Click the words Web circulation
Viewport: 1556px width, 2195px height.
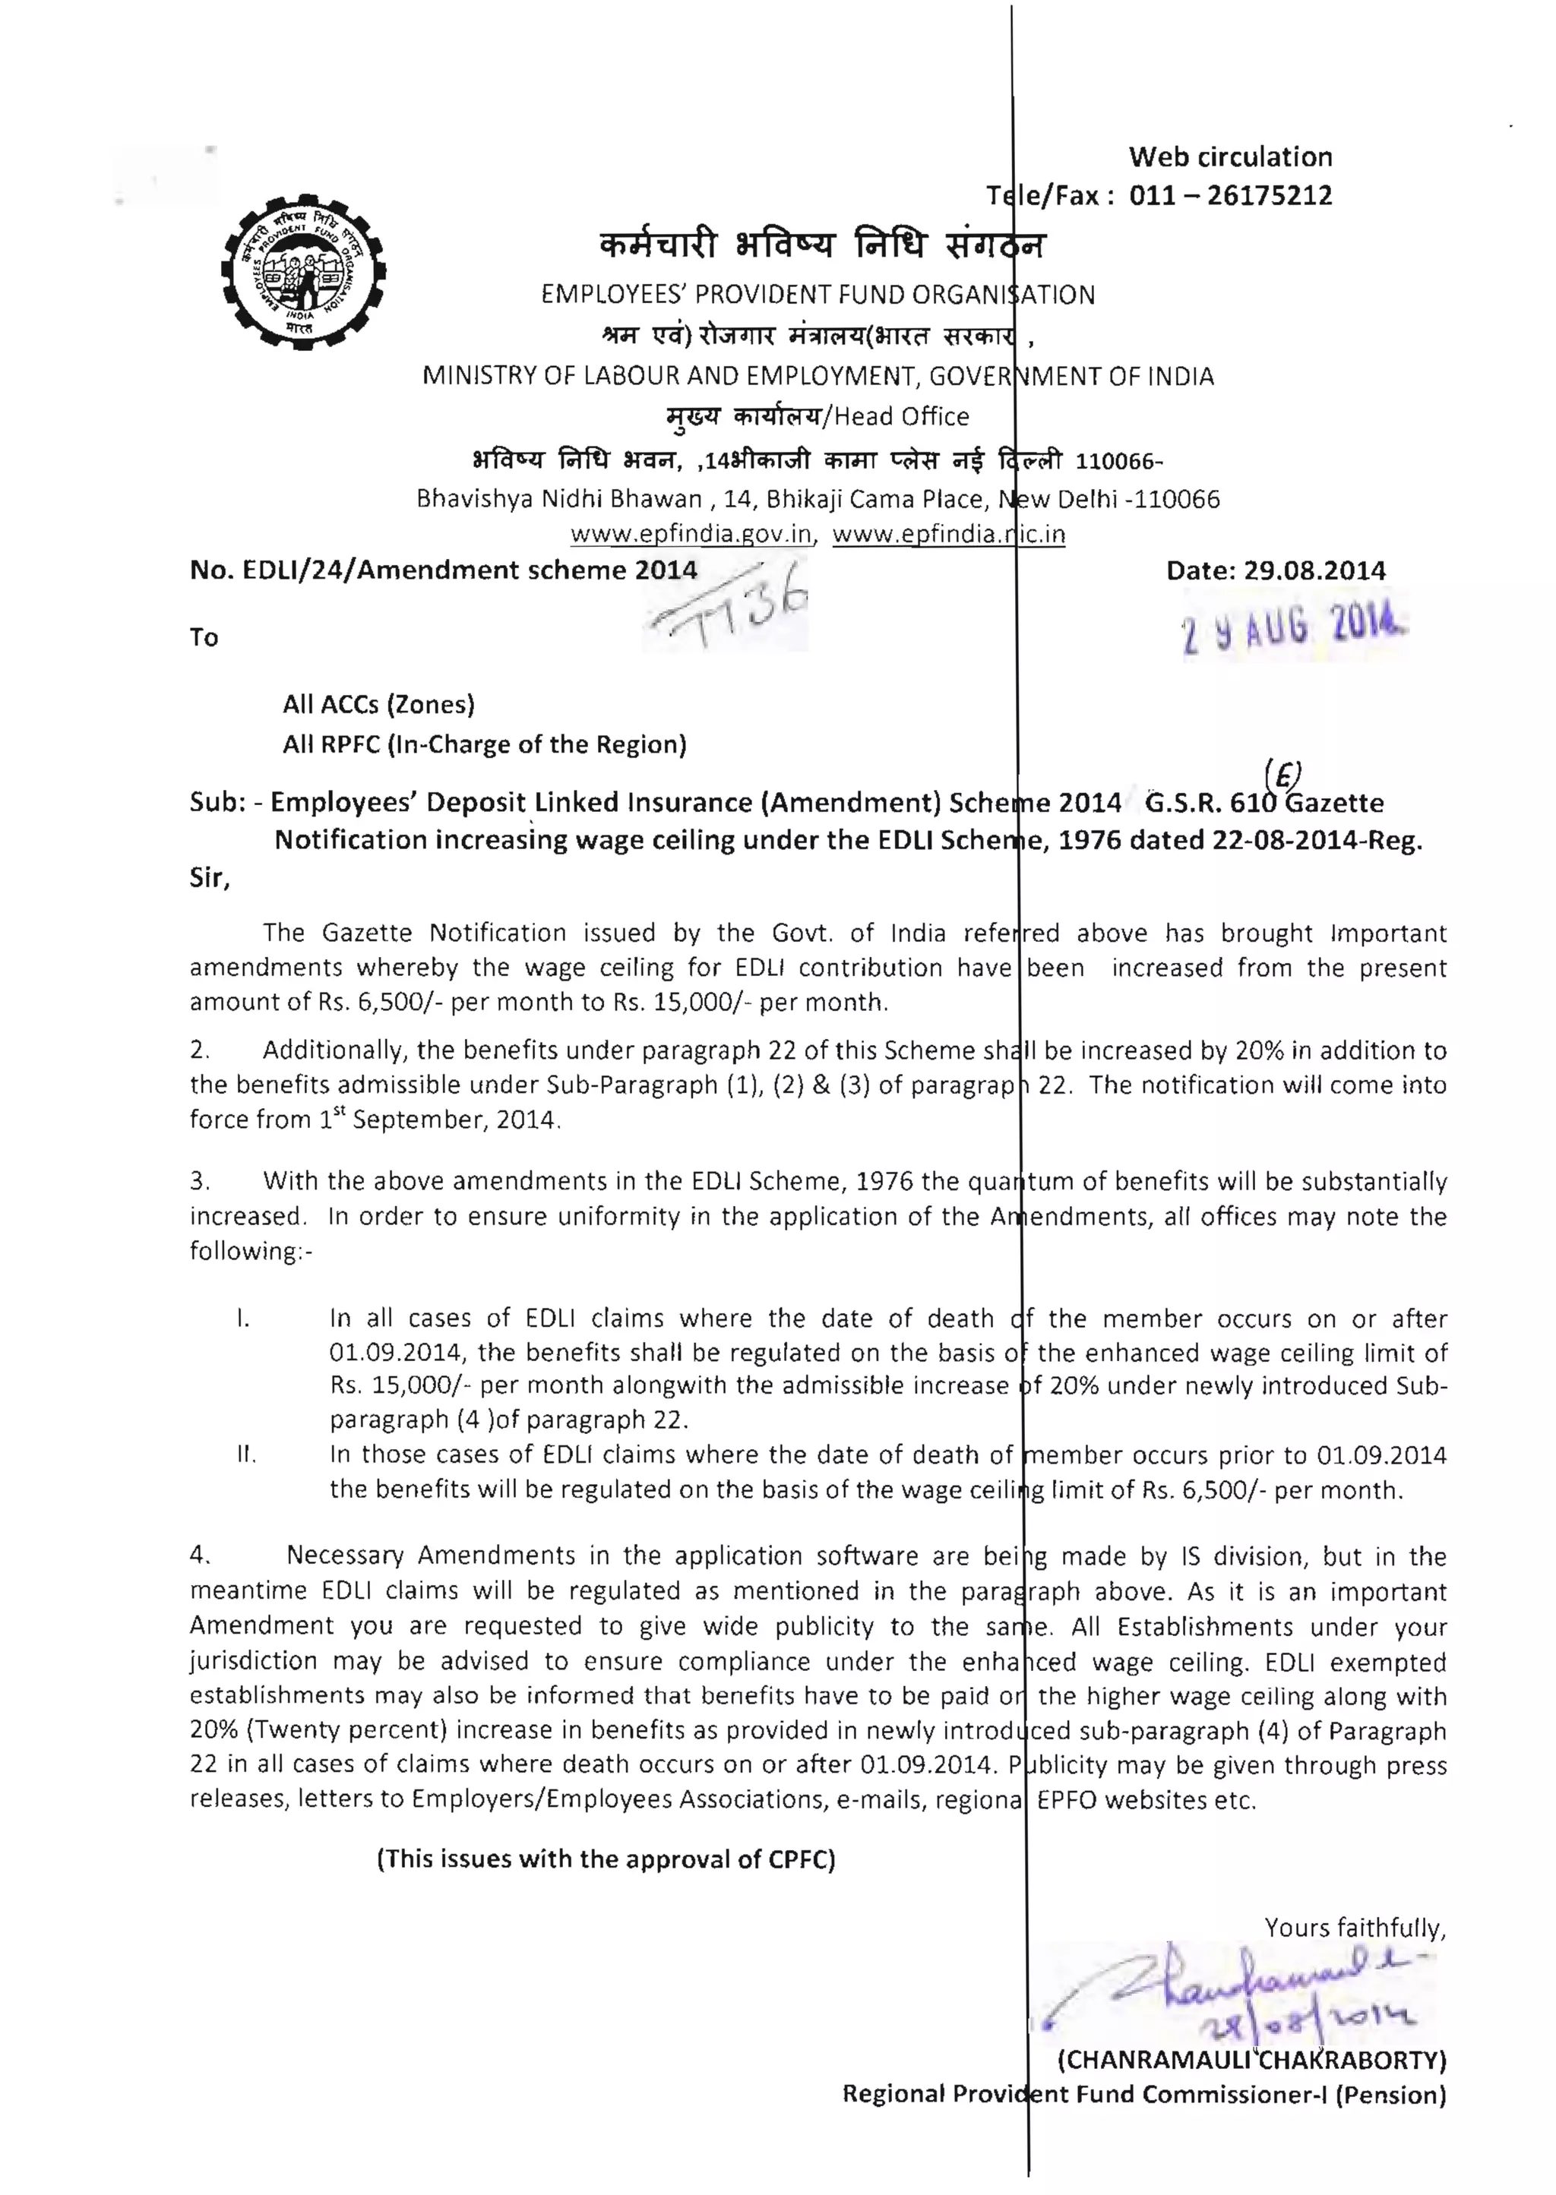click(1229, 157)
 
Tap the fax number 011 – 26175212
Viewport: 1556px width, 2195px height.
click(1230, 195)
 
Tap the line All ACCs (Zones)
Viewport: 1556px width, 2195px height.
click(378, 705)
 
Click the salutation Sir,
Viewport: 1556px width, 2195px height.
click(210, 878)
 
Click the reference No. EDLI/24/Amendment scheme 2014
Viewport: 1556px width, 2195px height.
click(443, 571)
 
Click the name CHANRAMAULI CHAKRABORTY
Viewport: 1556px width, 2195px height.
click(1251, 2060)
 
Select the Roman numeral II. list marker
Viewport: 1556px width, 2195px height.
click(246, 1456)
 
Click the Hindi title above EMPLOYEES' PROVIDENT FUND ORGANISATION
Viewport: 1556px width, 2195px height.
click(822, 247)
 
